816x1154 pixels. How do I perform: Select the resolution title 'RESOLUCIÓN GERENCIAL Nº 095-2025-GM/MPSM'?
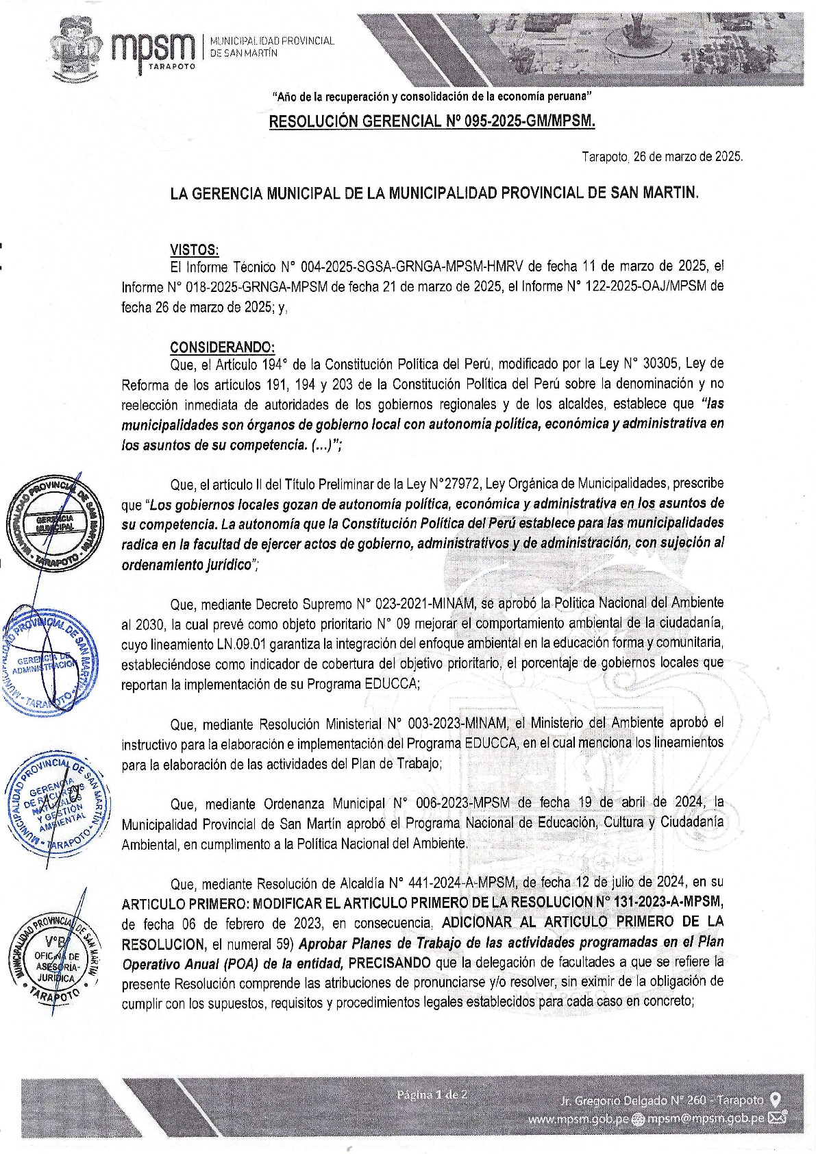point(432,122)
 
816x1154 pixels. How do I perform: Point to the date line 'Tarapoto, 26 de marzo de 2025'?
point(662,157)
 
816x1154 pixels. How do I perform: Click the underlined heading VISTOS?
point(195,249)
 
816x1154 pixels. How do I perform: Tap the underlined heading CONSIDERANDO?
point(223,347)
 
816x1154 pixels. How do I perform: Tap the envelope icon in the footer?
point(778,1120)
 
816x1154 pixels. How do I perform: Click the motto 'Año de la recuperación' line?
point(432,97)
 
